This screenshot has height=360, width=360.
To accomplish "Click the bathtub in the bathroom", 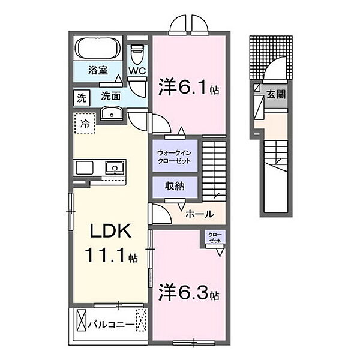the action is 98,49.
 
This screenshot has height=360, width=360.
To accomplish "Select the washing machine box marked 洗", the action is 82,98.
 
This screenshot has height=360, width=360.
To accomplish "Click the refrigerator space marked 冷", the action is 85,123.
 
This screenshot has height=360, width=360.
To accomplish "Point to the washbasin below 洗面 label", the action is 112,113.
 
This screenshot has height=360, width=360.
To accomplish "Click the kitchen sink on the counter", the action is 115,167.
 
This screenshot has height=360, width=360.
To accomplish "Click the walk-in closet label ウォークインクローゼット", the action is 175,157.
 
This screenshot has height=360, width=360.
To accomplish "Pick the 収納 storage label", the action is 175,186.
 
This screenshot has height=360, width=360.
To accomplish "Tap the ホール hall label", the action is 200,214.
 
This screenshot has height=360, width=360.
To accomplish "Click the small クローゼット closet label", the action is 215,238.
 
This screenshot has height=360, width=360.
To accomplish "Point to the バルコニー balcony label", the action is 112,325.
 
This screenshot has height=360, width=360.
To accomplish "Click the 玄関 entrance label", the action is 276,94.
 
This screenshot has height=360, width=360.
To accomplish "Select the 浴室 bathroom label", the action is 98,70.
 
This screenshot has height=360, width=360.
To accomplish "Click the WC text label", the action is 137,71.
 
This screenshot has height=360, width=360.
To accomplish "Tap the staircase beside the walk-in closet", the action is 214,171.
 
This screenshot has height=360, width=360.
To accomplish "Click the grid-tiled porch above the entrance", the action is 271,58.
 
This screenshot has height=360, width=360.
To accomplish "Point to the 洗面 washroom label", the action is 111,96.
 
